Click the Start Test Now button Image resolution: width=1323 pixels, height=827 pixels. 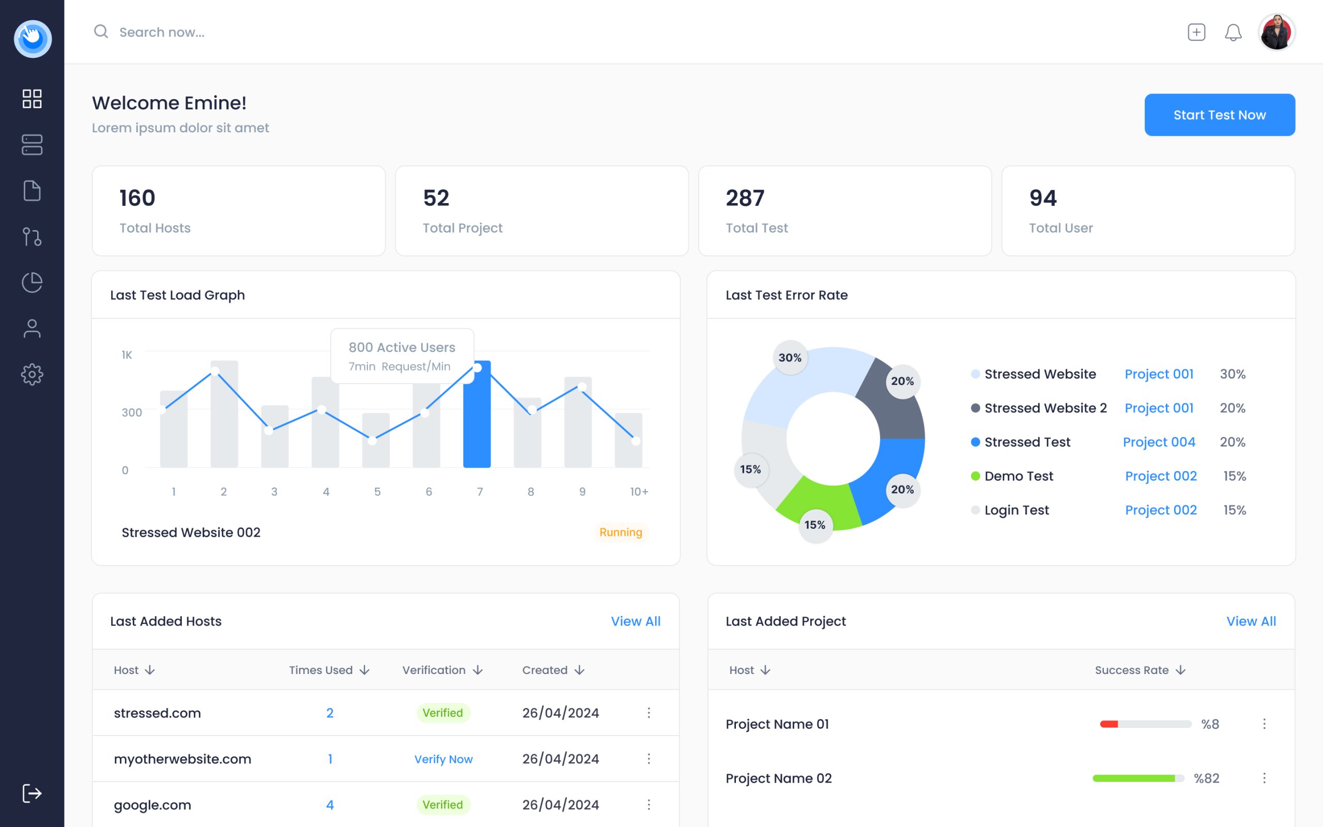pos(1219,115)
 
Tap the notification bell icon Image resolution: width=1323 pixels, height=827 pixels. pos(1233,32)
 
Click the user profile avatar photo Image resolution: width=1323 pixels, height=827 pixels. pos(1276,32)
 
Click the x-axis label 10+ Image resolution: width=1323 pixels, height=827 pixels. pos(639,492)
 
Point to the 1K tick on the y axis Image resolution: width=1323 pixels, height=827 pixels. pos(127,355)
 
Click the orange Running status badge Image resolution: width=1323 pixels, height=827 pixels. pos(621,532)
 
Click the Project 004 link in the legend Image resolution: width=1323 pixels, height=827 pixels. pos(1159,442)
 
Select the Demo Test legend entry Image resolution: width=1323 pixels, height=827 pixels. pos(1018,476)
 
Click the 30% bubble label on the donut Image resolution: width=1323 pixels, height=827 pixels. pos(790,358)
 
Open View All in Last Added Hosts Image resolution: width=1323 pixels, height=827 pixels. pos(635,621)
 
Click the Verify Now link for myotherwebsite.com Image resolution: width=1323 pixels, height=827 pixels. pos(443,759)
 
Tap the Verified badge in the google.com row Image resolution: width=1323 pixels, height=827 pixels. pos(442,805)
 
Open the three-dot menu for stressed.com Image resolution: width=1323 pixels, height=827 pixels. pos(649,713)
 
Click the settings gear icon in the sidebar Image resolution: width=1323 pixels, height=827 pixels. pos(32,374)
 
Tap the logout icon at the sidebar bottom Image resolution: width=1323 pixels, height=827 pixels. pos(32,793)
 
